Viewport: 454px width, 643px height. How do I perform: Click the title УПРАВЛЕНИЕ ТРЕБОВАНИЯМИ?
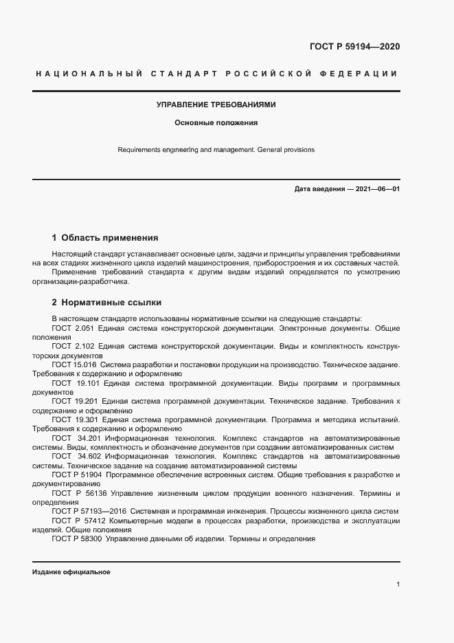tap(216, 105)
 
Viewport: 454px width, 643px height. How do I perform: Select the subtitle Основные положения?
tap(216, 123)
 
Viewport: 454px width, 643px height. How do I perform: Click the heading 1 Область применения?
tap(105, 238)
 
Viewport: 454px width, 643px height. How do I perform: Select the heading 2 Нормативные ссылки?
tap(106, 302)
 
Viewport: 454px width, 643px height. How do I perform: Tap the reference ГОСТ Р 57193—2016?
tap(87, 511)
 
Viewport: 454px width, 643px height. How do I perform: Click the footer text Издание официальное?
tap(71, 572)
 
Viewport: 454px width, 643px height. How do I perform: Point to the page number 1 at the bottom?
tap(398, 585)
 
